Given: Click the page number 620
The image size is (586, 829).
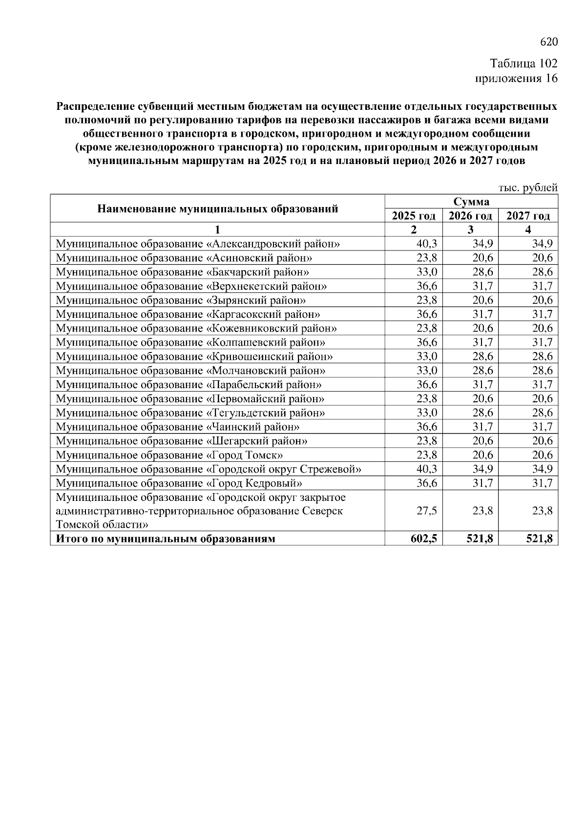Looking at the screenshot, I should (548, 42).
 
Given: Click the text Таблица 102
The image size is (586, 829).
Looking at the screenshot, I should (523, 64).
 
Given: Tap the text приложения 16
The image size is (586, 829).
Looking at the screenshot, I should (516, 78).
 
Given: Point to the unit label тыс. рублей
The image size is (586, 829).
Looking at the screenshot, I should (528, 188).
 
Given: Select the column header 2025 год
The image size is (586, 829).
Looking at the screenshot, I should (413, 216).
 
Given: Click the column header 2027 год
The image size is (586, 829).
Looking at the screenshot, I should (528, 216).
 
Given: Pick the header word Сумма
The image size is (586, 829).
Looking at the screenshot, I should (471, 202).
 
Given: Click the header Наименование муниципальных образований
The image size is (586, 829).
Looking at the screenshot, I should (217, 209).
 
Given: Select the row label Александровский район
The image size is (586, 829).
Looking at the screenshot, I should (198, 244).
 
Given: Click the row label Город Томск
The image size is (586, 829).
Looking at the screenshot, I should (169, 456).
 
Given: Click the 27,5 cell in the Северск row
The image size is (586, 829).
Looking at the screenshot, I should (427, 511).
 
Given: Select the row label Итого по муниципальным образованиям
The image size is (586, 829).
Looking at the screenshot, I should (166, 539).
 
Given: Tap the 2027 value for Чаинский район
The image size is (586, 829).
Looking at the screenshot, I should (542, 427).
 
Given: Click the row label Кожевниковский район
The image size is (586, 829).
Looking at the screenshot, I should (196, 329).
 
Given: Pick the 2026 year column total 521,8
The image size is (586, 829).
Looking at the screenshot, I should (480, 539).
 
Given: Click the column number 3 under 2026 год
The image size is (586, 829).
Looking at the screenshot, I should (470, 230).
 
